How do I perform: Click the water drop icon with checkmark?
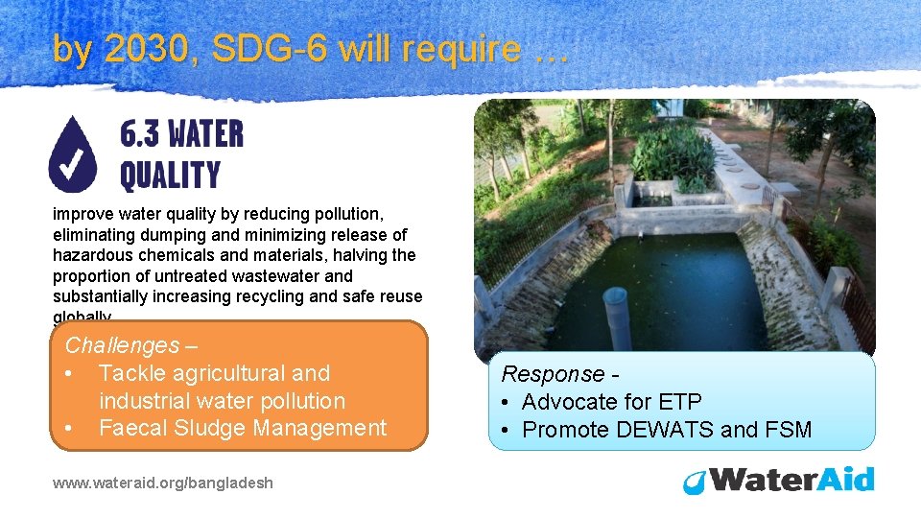(x=73, y=153)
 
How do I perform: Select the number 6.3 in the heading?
(x=141, y=134)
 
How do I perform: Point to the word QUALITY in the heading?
(x=170, y=175)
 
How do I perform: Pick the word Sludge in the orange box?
(x=211, y=428)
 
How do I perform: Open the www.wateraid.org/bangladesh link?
(x=163, y=483)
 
